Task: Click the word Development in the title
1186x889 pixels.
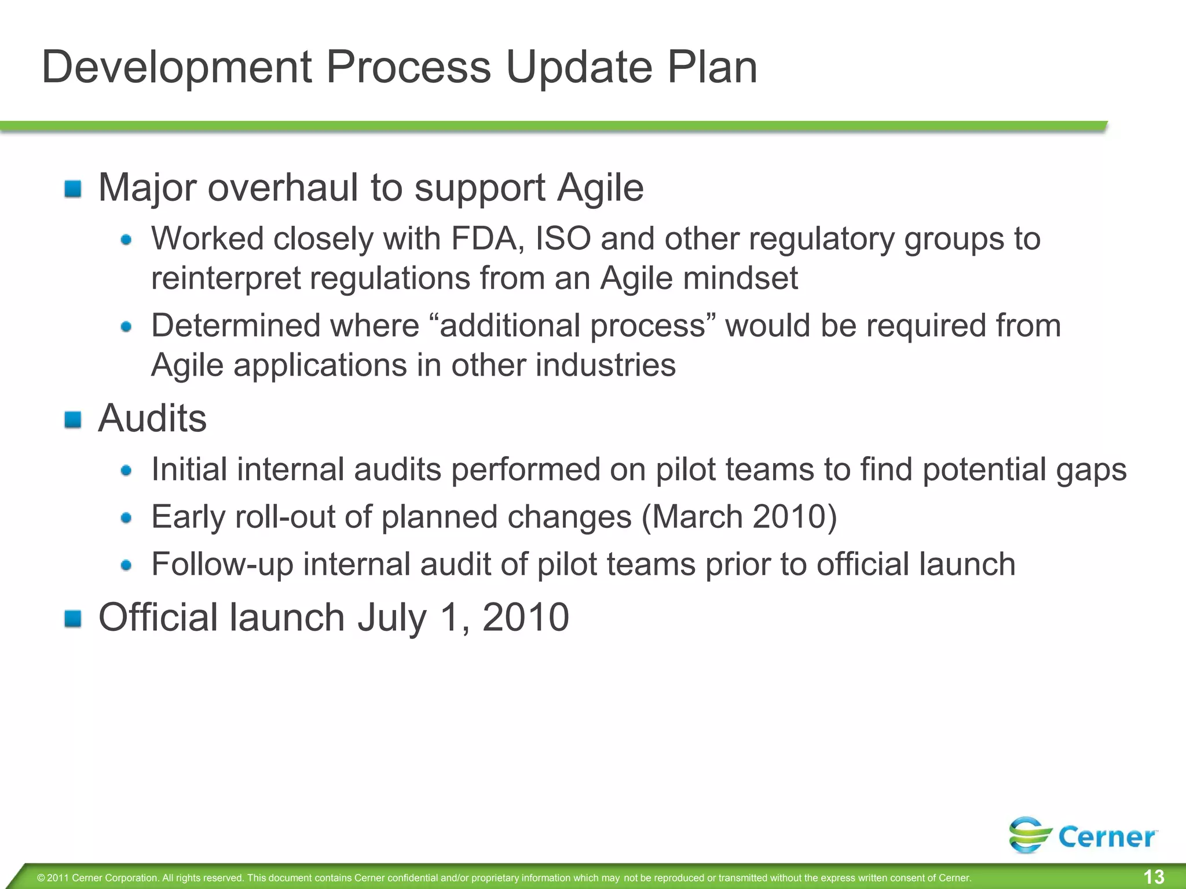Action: click(x=177, y=67)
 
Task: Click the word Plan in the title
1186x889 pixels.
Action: click(x=712, y=67)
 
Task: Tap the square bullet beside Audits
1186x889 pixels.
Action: click(x=73, y=419)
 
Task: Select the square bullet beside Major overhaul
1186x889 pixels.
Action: click(x=73, y=189)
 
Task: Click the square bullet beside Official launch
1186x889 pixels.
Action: click(x=73, y=618)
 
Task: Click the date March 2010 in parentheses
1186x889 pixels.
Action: click(x=739, y=516)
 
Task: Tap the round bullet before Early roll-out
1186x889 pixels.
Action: click(x=126, y=517)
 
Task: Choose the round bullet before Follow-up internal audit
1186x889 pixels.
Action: click(x=126, y=565)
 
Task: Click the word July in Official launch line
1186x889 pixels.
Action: click(x=391, y=618)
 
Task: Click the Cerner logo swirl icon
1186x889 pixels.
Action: click(x=1030, y=835)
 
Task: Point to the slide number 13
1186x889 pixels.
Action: click(x=1154, y=877)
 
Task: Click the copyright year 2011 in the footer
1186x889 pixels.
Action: click(x=58, y=878)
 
